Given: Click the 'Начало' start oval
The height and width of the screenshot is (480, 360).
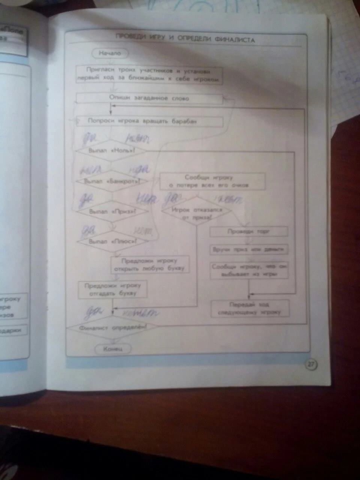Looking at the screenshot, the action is pos(110,53).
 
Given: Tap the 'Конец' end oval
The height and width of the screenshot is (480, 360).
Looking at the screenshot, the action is pos(113,349).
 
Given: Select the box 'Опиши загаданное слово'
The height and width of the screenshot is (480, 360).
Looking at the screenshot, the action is pos(149,98).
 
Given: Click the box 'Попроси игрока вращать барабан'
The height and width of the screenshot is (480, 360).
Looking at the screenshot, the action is pos(149,121).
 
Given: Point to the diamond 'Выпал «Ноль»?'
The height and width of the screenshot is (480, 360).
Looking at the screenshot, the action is pos(111,151).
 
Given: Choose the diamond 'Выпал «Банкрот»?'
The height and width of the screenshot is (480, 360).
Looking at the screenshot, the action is pos(112,181).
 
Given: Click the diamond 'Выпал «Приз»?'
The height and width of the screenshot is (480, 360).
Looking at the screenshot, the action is pos(112,211).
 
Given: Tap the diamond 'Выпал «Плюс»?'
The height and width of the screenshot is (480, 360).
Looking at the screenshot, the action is pos(113,242).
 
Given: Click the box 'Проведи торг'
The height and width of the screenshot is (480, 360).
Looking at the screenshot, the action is pos(249,231).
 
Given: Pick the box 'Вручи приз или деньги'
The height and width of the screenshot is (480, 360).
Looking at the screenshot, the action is pos(249,249).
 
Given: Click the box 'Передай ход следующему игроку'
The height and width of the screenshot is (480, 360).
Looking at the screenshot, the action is pos(250,308).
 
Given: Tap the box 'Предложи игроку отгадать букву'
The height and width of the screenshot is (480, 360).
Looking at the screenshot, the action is pos(112,289).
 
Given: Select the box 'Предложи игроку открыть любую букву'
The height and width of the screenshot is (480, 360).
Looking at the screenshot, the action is pos(150,265).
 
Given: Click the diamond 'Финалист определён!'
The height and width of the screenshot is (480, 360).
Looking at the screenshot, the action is pos(113,327).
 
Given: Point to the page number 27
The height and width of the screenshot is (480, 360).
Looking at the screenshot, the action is pos(311,364).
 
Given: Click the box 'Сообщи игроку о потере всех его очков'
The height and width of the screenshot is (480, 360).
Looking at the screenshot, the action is pos(213,181).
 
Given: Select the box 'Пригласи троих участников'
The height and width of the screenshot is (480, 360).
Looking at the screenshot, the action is pos(149,75).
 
